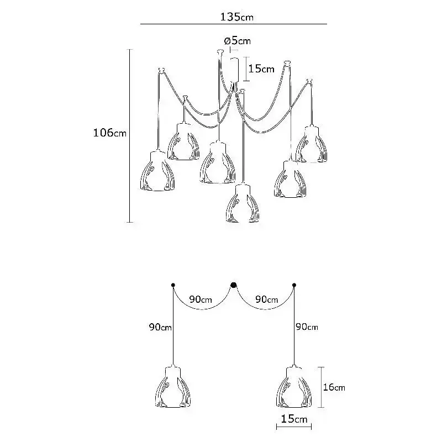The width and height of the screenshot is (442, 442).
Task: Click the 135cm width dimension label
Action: click(x=236, y=17)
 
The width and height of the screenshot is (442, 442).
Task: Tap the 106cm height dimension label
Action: click(x=109, y=133)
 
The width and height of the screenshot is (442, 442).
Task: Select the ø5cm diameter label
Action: click(x=238, y=41)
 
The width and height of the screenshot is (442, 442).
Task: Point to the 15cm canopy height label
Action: click(x=261, y=69)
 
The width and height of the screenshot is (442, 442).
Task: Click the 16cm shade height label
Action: click(x=334, y=387)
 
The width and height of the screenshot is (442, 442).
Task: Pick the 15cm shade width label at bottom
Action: click(x=294, y=419)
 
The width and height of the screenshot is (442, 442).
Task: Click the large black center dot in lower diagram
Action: click(x=233, y=285)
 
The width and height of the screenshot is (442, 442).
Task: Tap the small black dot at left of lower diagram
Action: click(x=173, y=285)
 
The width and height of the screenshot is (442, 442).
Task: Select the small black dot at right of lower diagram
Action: click(x=294, y=285)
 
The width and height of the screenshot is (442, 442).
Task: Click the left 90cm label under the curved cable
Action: click(x=201, y=299)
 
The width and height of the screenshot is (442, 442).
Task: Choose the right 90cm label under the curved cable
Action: click(x=267, y=299)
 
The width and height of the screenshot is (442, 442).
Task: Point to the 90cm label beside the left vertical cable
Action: click(x=160, y=327)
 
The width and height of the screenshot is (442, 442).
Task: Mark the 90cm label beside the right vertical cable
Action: click(x=307, y=327)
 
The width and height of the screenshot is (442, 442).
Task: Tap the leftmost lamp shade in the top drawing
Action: click(x=157, y=171)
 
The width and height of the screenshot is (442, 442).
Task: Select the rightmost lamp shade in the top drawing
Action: click(x=312, y=144)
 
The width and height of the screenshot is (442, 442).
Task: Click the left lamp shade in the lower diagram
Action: click(x=173, y=387)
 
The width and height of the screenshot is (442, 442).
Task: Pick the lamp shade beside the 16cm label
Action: click(x=294, y=387)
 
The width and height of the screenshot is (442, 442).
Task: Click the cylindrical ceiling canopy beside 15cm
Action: click(x=234, y=70)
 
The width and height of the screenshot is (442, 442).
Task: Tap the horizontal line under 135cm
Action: click(x=234, y=24)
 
